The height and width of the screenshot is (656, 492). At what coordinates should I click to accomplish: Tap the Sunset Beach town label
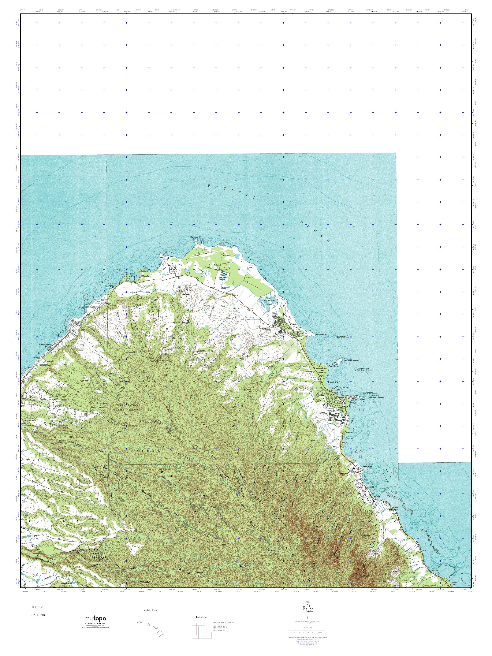45,345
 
